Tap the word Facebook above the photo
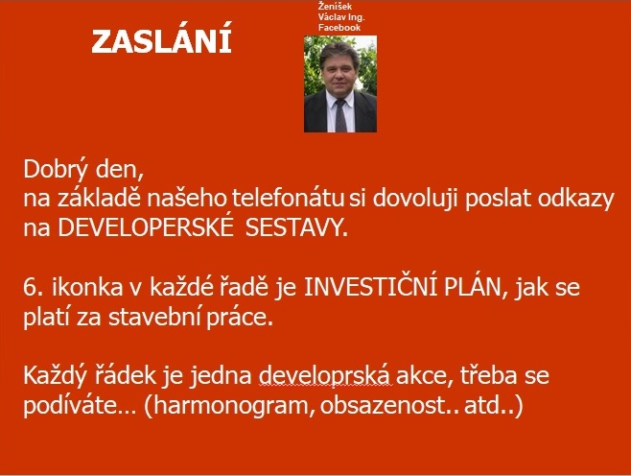coord(339,28)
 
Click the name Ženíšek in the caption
coord(335,7)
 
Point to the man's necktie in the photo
coord(340,115)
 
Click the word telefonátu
coord(288,198)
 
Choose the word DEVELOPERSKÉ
coord(146,228)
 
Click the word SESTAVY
coord(295,228)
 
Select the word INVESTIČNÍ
coord(370,287)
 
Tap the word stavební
coord(155,317)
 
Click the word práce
coord(241,319)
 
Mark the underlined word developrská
coord(324,376)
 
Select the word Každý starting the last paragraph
coord(55,376)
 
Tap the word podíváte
coord(74,406)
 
